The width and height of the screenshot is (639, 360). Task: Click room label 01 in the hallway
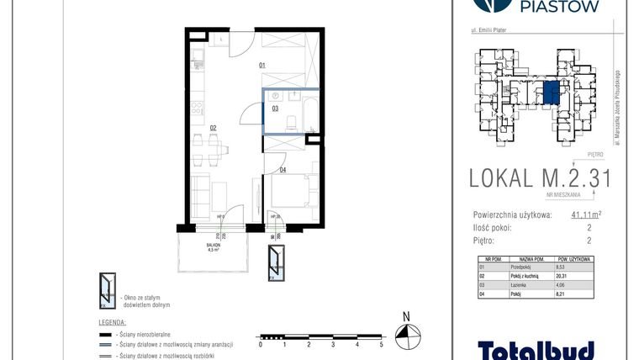(262, 66)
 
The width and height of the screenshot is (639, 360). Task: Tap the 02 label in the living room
(214, 128)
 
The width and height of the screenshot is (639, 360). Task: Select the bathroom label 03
(274, 109)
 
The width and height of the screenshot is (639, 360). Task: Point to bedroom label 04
(283, 171)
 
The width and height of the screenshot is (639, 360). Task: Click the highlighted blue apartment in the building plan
(551, 93)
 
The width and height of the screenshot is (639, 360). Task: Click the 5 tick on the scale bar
(382, 345)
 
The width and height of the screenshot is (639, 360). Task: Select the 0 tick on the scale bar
(261, 345)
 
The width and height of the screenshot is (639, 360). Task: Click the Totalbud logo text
(536, 349)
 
